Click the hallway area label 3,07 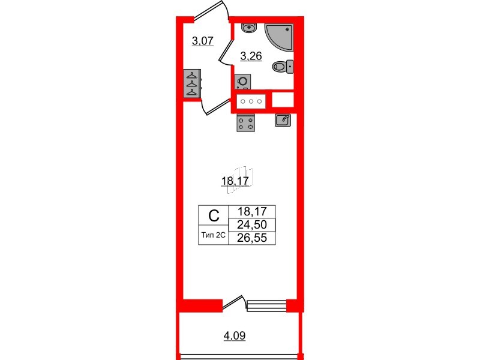(203, 41)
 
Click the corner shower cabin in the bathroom (281, 37)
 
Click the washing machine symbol (243, 82)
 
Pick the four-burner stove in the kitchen (246, 122)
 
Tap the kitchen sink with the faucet (283, 120)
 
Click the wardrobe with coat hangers (192, 84)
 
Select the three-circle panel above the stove (251, 101)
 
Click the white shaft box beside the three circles (283, 100)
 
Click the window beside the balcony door (266, 305)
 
